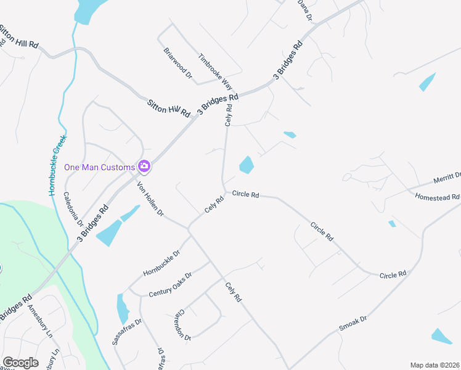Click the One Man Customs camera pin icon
pos(144,166)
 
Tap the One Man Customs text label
pos(100,167)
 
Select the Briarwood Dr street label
pos(178,64)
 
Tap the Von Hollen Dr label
pos(150,198)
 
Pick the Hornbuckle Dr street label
pos(161,263)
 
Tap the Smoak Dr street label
pos(353,324)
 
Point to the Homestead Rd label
pos(438,197)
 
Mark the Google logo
pos(20,363)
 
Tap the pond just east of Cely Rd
pos(247,165)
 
